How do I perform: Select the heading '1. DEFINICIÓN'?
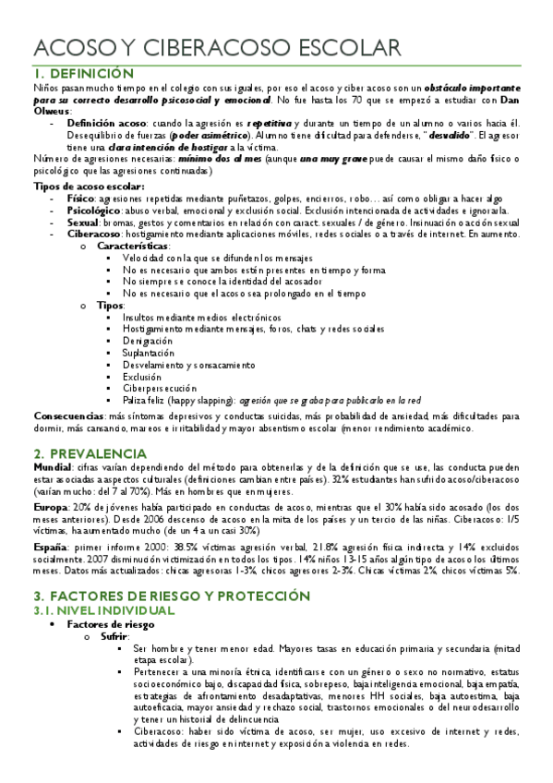click(82, 73)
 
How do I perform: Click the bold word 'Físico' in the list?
click(79, 199)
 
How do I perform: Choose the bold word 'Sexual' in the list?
click(82, 223)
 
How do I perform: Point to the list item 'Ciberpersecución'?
click(159, 389)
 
